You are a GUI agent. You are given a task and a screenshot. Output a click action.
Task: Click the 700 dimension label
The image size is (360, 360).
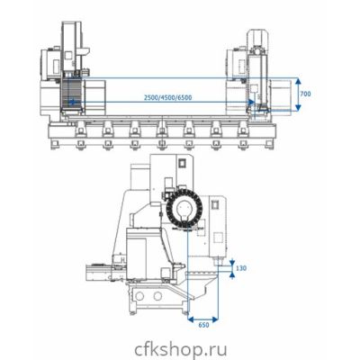(x=305, y=94)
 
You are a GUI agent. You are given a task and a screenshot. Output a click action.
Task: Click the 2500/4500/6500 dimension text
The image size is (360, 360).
(x=167, y=97)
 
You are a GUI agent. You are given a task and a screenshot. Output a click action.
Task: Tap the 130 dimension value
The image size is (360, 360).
(x=241, y=268)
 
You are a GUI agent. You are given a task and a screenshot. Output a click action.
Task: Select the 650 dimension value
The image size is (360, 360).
(x=203, y=325)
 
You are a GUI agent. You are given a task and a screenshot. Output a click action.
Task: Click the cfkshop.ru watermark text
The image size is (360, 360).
(x=181, y=349)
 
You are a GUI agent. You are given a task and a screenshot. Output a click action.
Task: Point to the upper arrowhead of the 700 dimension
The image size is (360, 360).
(x=298, y=81)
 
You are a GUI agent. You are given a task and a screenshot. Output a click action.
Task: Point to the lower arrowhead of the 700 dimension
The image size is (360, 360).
(x=298, y=107)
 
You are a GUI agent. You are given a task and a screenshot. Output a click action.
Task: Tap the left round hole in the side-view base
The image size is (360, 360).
(x=139, y=296)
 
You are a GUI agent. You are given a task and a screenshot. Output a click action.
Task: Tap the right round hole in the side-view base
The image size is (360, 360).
(x=157, y=296)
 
